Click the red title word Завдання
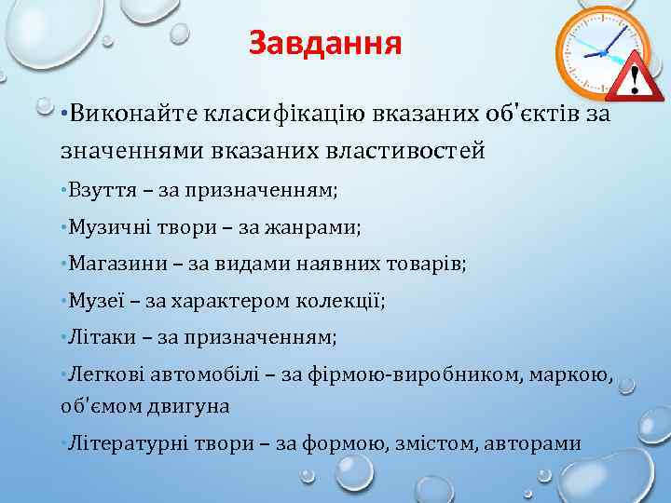[x=325, y=44]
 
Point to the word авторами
[x=534, y=442]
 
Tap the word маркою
[x=577, y=374]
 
